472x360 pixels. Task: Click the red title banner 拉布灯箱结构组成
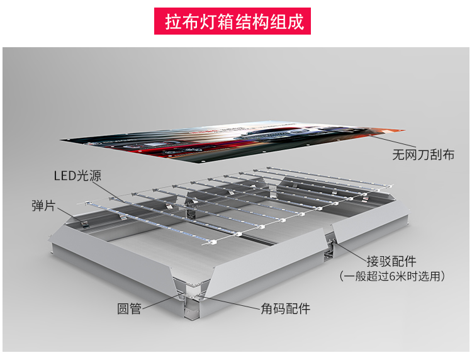(x=235, y=21)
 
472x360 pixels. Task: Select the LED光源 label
(x=77, y=176)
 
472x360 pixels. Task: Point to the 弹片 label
(x=43, y=205)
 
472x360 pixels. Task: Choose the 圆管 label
(x=129, y=308)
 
